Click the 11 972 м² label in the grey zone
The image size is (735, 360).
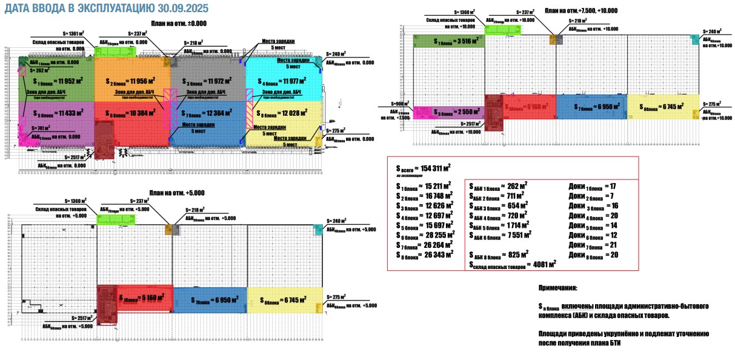point(213,81)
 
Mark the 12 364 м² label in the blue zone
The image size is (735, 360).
point(213,115)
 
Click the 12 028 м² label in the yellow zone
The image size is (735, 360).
point(288,114)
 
